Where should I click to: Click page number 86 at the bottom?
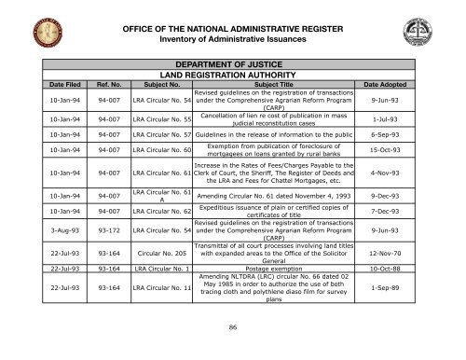(x=234, y=328)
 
